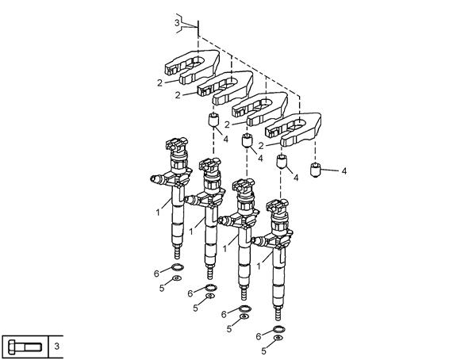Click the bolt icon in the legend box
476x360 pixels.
(25, 347)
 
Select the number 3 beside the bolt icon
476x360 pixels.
(57, 347)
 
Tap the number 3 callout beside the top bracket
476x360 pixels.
(177, 23)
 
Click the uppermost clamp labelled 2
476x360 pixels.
(192, 67)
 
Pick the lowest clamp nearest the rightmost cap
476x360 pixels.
(293, 129)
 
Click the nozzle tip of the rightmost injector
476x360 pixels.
(277, 313)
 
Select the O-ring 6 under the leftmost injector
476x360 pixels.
(178, 267)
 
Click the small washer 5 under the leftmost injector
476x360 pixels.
(176, 278)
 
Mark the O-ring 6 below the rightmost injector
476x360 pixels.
(279, 329)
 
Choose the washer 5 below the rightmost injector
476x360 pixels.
(278, 338)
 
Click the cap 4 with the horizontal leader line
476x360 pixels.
(316, 170)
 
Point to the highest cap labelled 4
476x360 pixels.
(213, 119)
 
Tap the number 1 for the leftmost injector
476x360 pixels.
(158, 213)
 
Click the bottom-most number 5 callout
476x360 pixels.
(263, 351)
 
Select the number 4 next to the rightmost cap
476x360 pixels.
(344, 171)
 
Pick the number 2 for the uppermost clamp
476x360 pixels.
(159, 83)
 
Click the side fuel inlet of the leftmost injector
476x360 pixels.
(158, 179)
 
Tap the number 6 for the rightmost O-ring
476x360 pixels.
(259, 337)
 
